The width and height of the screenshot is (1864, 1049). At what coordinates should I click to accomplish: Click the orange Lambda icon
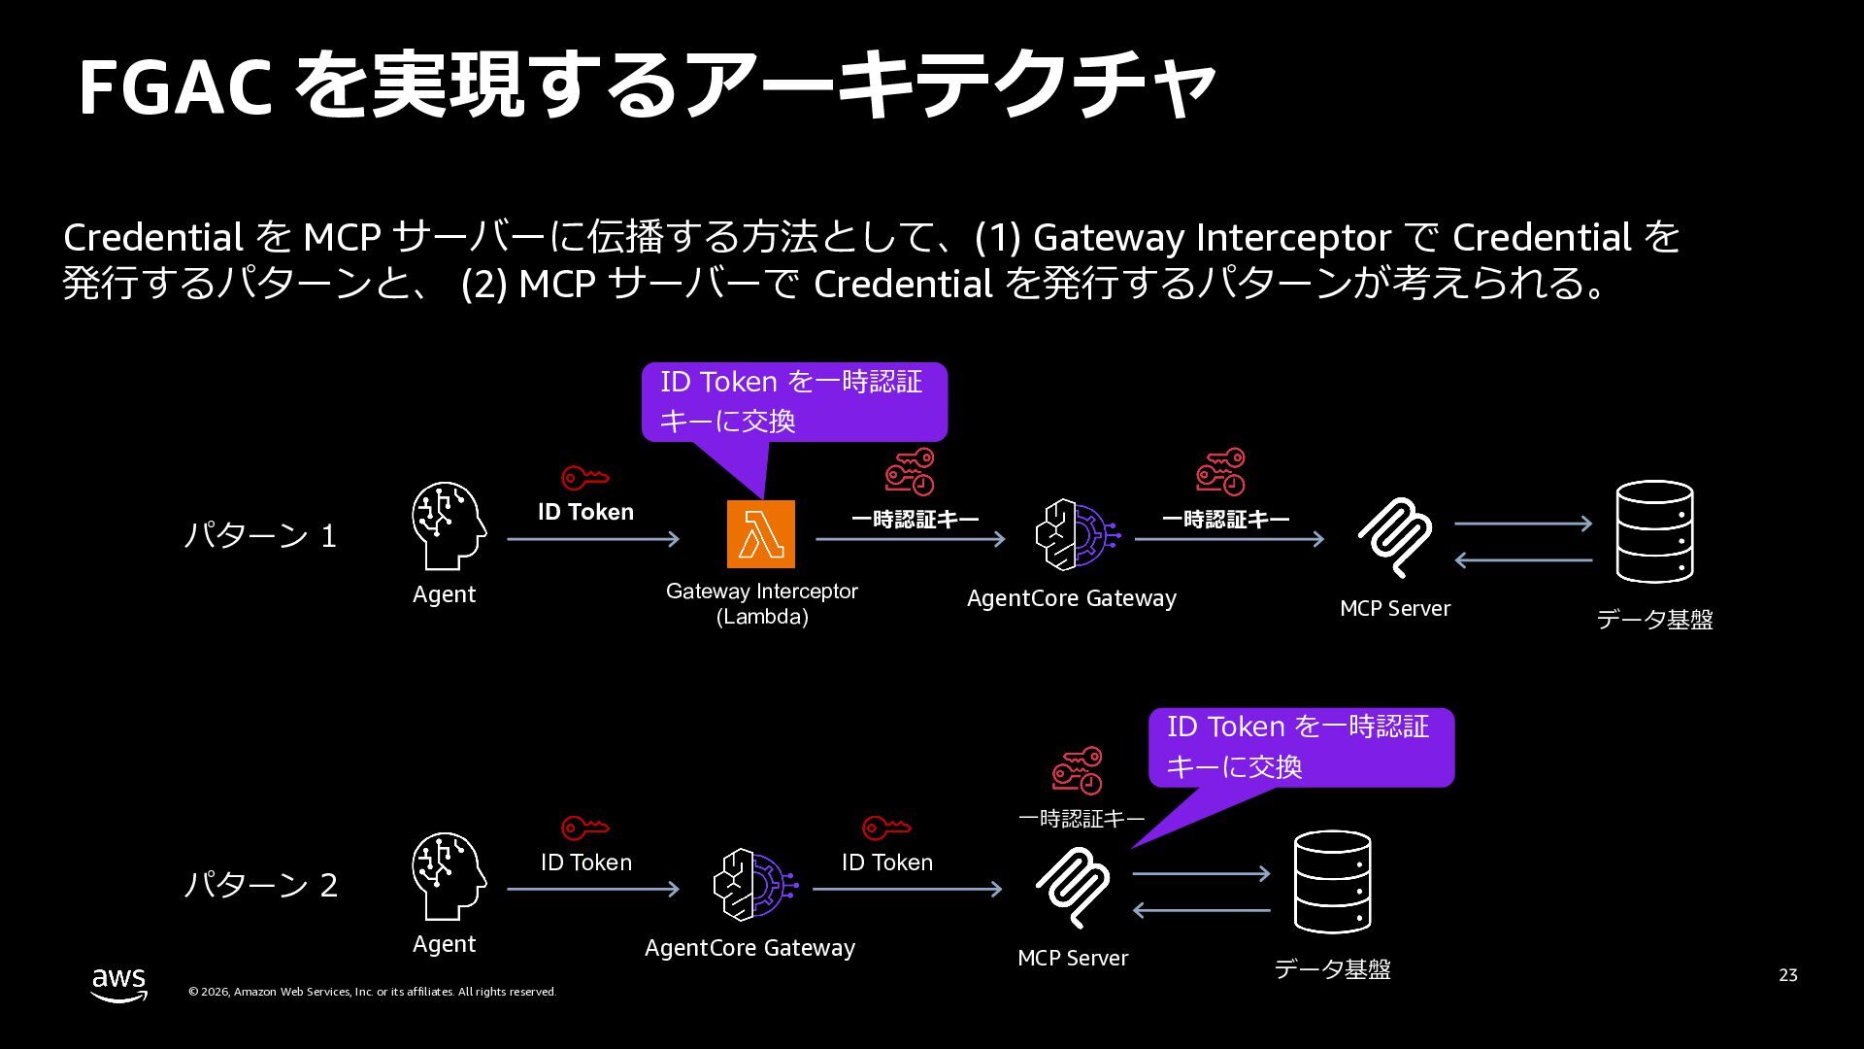[x=760, y=534]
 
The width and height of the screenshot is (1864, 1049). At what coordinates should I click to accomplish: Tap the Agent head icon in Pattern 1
[x=448, y=525]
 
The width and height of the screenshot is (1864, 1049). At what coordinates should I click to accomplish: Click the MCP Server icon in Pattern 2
[x=1072, y=887]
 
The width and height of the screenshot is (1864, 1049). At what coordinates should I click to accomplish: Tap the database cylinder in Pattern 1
[x=1654, y=532]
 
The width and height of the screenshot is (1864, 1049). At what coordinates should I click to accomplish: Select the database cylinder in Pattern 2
[x=1332, y=882]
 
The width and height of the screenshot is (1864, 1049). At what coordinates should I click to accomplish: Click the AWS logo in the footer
[x=119, y=984]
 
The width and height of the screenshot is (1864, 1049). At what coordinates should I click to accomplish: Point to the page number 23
[x=1787, y=975]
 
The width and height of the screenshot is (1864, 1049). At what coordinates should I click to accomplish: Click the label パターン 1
[x=260, y=536]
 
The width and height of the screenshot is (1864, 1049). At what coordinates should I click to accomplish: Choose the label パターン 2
[x=260, y=886]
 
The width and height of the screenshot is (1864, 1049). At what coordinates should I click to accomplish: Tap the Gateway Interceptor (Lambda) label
[x=762, y=603]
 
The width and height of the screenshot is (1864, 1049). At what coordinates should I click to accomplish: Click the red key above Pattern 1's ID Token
[x=584, y=478]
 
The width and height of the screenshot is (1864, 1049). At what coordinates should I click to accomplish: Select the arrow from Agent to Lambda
[x=593, y=539]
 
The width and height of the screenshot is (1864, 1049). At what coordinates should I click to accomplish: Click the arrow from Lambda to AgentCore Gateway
[x=910, y=539]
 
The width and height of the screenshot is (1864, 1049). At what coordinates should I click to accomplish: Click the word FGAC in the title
[x=175, y=87]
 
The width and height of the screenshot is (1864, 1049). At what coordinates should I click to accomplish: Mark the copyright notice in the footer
[x=372, y=992]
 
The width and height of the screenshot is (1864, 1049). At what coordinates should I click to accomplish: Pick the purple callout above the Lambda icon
[x=793, y=401]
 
